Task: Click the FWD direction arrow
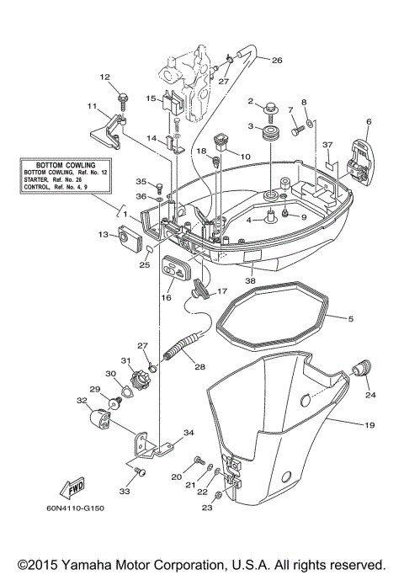70,487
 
